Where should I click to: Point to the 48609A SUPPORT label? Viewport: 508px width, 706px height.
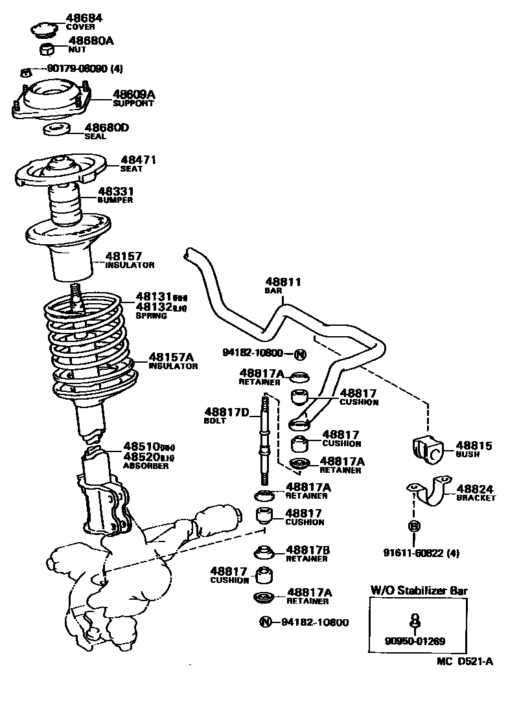point(134,98)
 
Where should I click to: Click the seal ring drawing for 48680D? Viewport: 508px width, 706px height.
point(57,131)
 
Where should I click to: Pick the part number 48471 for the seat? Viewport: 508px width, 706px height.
point(138,160)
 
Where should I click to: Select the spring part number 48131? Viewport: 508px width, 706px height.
point(154,297)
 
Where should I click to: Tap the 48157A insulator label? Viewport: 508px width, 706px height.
point(172,360)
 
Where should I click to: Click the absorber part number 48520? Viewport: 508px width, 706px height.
point(141,457)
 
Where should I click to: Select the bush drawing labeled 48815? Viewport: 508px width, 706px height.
point(426,450)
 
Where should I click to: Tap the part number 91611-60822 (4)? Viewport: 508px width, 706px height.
point(421,552)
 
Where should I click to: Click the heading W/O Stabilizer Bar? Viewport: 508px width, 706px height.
point(419,590)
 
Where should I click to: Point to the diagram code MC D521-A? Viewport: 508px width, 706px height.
point(464,661)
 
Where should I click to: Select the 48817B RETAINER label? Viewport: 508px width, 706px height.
point(308,554)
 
